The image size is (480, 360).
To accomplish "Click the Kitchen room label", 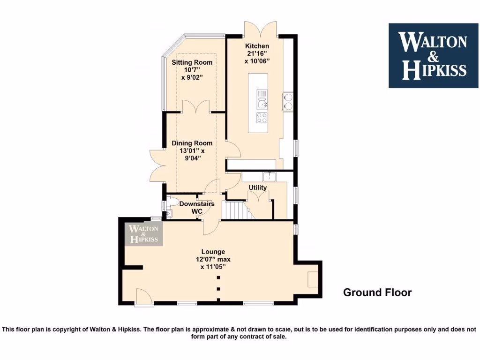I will pyautogui.click(x=257, y=46).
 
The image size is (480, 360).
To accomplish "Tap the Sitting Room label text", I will pyautogui.click(x=192, y=62).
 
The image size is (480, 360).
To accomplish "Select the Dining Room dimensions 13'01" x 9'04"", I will pyautogui.click(x=192, y=154).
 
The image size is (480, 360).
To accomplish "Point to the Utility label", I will pyautogui.click(x=258, y=187).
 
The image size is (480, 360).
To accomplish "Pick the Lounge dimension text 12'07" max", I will pyautogui.click(x=213, y=259).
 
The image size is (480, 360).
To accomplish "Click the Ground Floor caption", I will pyautogui.click(x=377, y=292).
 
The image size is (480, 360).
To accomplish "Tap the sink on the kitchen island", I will pyautogui.click(x=262, y=100).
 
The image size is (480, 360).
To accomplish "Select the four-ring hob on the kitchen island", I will pyautogui.click(x=262, y=117).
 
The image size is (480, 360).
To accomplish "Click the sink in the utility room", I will pyautogui.click(x=270, y=177).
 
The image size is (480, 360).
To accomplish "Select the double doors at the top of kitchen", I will pyautogui.click(x=260, y=29).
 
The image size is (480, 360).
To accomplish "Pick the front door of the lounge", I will pyautogui.click(x=143, y=296).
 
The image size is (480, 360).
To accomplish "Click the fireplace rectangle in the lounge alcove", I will pyautogui.click(x=312, y=280).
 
